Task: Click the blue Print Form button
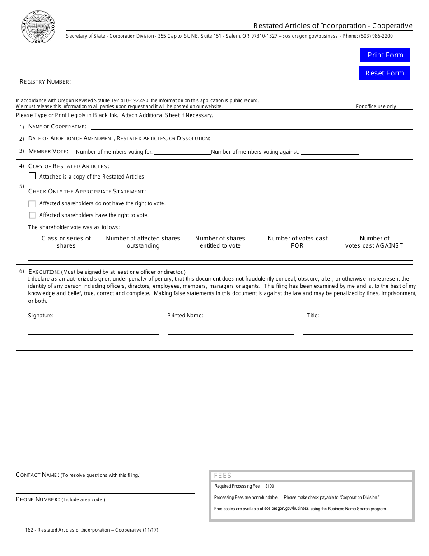[385, 55]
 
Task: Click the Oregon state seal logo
[38, 27]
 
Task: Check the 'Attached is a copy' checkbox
[32, 176]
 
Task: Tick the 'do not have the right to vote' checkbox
[32, 204]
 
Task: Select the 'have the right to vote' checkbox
[32, 216]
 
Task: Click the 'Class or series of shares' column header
[66, 242]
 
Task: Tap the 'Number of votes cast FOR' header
[297, 242]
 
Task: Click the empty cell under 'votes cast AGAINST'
[374, 255]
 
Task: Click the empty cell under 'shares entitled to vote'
[220, 255]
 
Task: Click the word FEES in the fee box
[223, 476]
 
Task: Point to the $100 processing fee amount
[270, 486]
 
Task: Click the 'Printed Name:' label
[185, 316]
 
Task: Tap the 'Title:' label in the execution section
[313, 316]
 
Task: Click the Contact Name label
[37, 475]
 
